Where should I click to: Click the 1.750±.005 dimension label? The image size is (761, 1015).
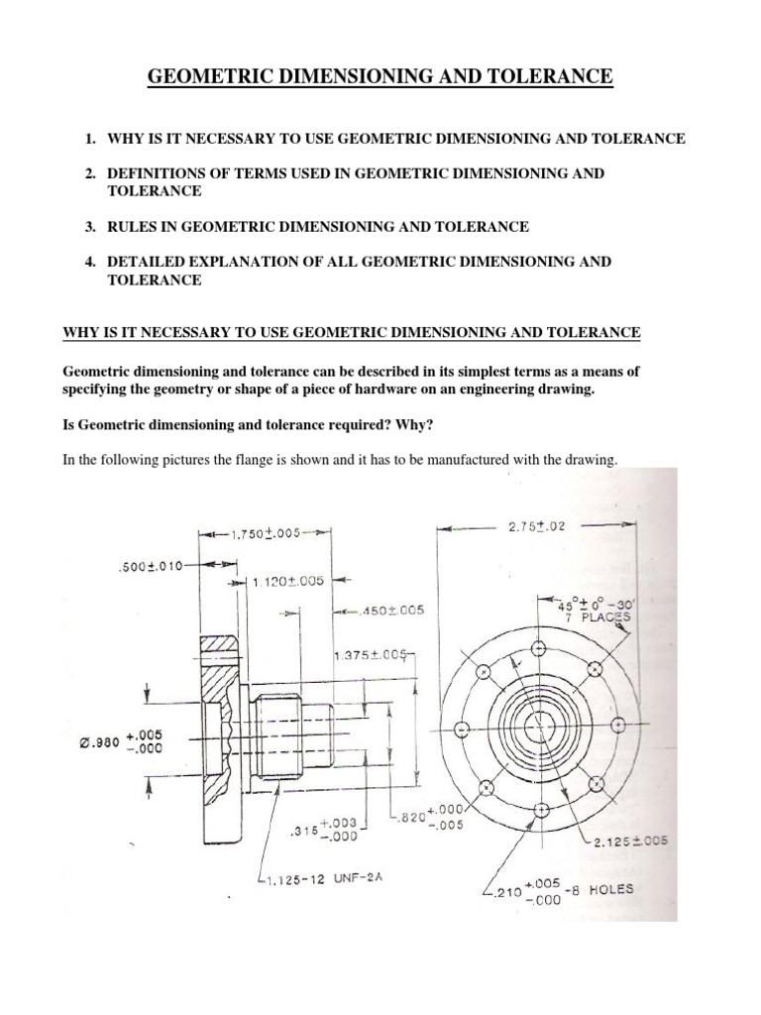pyautogui.click(x=265, y=533)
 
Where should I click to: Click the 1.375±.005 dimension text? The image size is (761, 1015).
pyautogui.click(x=372, y=655)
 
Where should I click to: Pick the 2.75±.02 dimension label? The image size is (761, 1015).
pyautogui.click(x=536, y=527)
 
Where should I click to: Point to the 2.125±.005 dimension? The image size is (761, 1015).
pyautogui.click(x=631, y=841)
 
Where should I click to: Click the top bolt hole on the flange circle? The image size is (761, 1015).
pyautogui.click(x=540, y=648)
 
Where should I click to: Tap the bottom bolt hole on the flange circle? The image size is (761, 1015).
pyautogui.click(x=540, y=810)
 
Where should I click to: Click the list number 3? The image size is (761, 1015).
pyautogui.click(x=89, y=227)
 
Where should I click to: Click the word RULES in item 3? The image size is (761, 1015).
pyautogui.click(x=132, y=227)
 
